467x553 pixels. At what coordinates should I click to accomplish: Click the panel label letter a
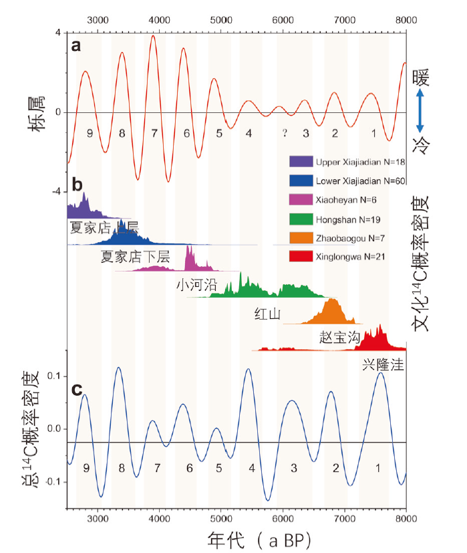pyautogui.click(x=77, y=46)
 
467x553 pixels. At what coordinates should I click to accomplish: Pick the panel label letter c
pyautogui.click(x=77, y=389)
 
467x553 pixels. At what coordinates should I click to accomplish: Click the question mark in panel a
pyautogui.click(x=284, y=133)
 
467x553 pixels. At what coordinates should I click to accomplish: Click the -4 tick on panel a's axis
pyautogui.click(x=57, y=192)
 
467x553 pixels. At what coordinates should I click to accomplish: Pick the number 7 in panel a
pyautogui.click(x=154, y=133)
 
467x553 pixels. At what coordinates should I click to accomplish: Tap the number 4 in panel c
pyautogui.click(x=251, y=469)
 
